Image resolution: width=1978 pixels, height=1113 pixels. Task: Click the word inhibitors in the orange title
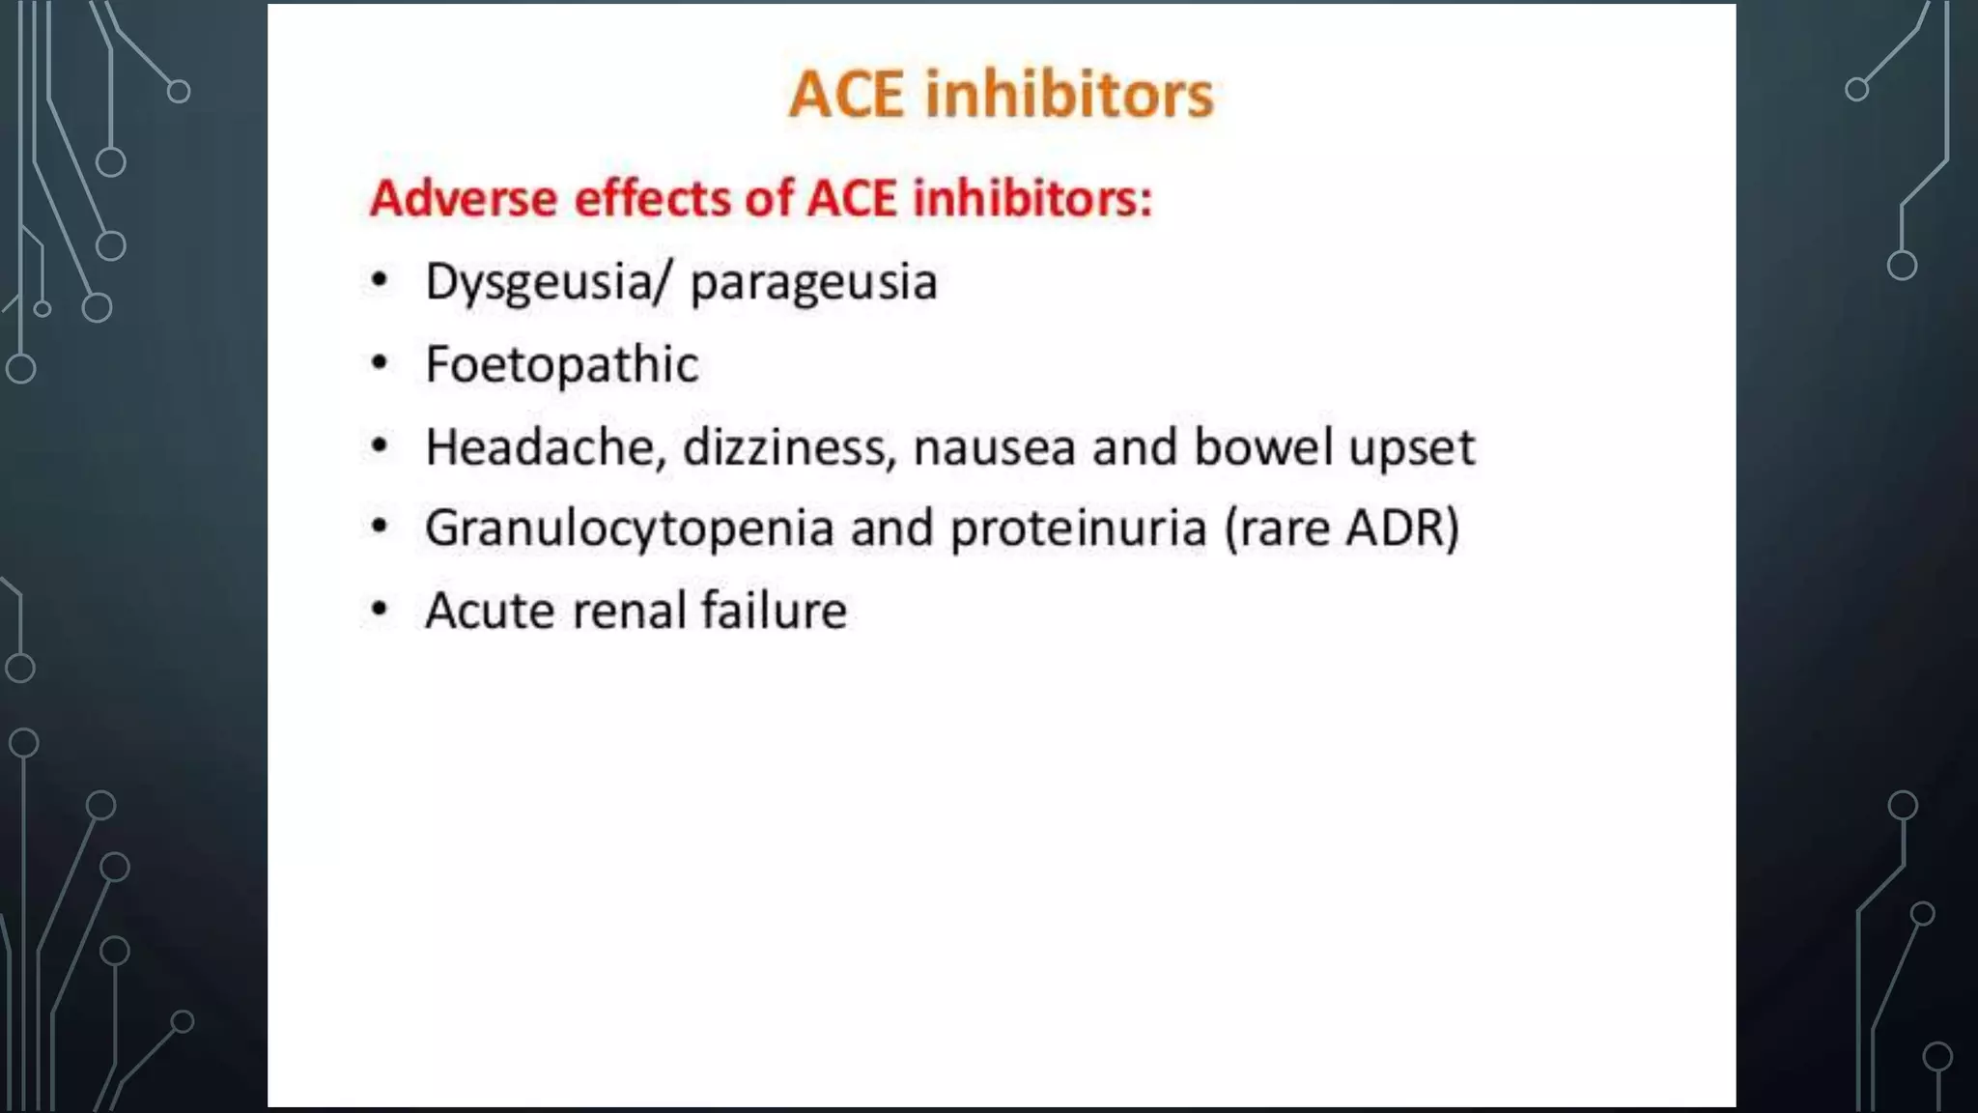coord(1069,95)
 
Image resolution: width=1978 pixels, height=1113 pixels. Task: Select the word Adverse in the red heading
coord(465,198)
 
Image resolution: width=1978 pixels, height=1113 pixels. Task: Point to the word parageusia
coord(813,283)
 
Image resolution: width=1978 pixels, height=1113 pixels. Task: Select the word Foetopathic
coord(561,365)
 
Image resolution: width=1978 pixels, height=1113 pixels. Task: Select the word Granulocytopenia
coord(629,529)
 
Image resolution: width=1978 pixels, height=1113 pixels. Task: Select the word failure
coord(774,611)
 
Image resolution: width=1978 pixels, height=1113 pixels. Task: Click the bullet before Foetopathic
coord(381,364)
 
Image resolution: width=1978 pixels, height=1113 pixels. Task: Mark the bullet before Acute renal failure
coord(381,610)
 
